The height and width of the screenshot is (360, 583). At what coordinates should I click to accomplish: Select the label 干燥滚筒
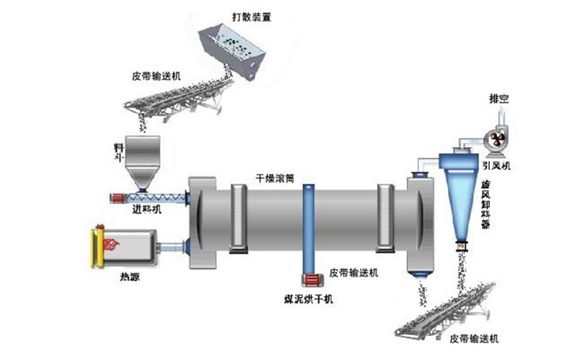(275, 177)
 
